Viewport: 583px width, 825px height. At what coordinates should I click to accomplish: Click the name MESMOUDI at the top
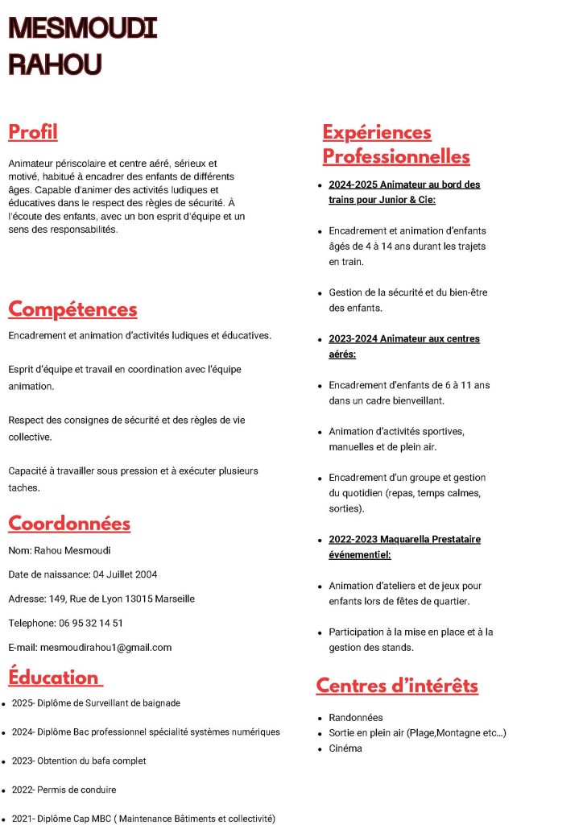coord(82,28)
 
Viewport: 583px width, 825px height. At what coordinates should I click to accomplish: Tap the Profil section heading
coord(33,131)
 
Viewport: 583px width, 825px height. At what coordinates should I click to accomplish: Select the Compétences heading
coord(72,309)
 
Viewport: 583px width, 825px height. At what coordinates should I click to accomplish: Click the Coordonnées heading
coord(69,523)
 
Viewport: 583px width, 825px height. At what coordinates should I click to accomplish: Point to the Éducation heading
coord(54,677)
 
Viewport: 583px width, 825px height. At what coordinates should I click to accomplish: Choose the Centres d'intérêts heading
coord(397,686)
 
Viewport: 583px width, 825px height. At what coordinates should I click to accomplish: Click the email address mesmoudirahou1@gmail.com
coord(105,647)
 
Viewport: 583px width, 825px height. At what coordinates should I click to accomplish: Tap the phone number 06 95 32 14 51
coord(91,623)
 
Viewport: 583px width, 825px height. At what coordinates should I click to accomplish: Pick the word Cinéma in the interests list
coord(345,748)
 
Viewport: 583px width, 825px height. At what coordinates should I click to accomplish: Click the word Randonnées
coord(356,717)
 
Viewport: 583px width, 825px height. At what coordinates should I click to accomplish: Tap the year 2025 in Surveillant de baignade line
coord(23,703)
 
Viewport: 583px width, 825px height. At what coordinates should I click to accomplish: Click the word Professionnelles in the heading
coord(396,156)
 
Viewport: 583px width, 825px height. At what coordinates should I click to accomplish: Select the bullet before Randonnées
coord(320,718)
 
